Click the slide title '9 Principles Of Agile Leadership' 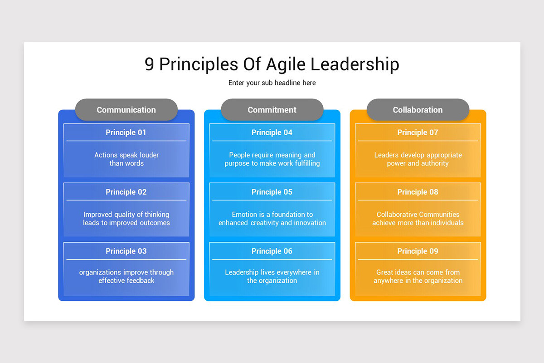tap(272, 64)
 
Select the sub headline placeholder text tap(272, 83)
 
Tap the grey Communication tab tap(126, 110)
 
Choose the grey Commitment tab tap(272, 110)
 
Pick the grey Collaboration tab tap(418, 110)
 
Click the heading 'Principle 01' tap(126, 132)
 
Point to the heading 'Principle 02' tap(126, 192)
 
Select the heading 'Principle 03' tap(126, 251)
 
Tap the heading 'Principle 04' tap(272, 132)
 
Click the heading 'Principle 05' tap(272, 192)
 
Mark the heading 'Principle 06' tap(272, 251)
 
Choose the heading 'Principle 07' tap(418, 132)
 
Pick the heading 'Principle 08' tap(418, 192)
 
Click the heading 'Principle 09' tap(418, 251)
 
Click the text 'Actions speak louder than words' tap(126, 159)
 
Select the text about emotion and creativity tap(272, 219)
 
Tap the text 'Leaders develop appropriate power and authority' tap(418, 159)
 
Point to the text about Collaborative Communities tap(418, 219)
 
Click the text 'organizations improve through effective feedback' tap(126, 276)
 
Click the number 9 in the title tap(150, 64)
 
